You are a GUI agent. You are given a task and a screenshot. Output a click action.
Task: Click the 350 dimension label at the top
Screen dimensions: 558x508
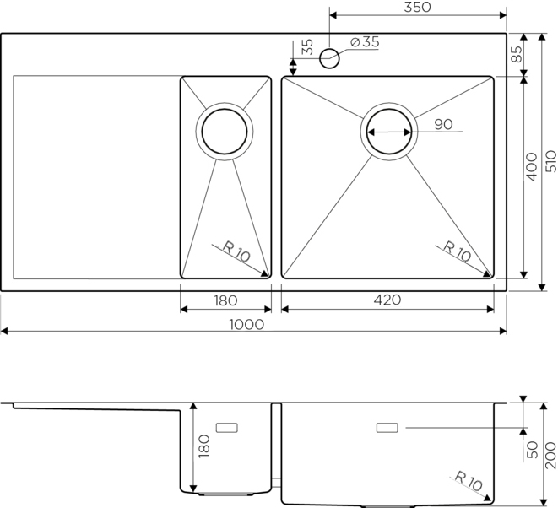[417, 7]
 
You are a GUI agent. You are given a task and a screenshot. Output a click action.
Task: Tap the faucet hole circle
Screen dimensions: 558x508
[329, 59]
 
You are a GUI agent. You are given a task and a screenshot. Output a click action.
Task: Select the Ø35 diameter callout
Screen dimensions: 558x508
[366, 42]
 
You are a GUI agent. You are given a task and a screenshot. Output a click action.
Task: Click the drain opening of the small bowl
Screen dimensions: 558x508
[225, 132]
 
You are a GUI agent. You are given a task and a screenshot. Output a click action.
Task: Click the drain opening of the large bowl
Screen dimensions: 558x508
[389, 132]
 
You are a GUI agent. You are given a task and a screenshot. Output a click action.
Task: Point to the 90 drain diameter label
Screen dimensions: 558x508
[443, 125]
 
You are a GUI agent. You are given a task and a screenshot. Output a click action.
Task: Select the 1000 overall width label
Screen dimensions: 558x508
[246, 324]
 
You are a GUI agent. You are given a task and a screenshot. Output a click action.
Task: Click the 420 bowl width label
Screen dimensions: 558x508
[387, 300]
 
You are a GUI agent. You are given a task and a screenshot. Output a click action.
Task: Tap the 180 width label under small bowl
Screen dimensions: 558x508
[225, 301]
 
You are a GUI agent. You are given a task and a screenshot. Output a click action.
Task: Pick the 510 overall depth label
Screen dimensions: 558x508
[551, 161]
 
